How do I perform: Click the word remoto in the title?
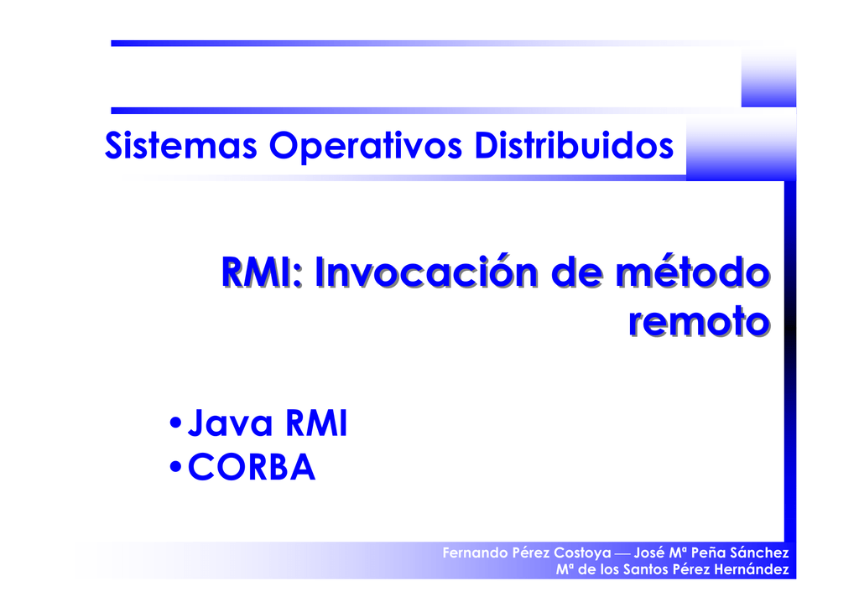click(x=698, y=322)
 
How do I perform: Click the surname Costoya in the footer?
click(x=583, y=554)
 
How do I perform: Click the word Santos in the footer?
click(x=645, y=570)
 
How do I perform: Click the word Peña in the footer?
click(x=710, y=554)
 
